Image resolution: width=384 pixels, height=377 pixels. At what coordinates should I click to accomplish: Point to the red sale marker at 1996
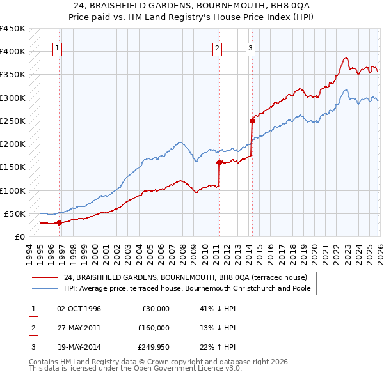(x=59, y=222)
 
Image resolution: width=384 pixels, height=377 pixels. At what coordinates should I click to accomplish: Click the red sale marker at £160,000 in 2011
(x=219, y=162)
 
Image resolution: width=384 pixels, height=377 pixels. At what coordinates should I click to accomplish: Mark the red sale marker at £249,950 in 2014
(x=252, y=120)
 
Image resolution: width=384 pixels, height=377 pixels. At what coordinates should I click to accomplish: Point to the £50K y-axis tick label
(x=15, y=213)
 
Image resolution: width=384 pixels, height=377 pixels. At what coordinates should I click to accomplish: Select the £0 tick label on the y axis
(x=20, y=237)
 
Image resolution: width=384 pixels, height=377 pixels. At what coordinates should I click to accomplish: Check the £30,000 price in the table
(x=155, y=309)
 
